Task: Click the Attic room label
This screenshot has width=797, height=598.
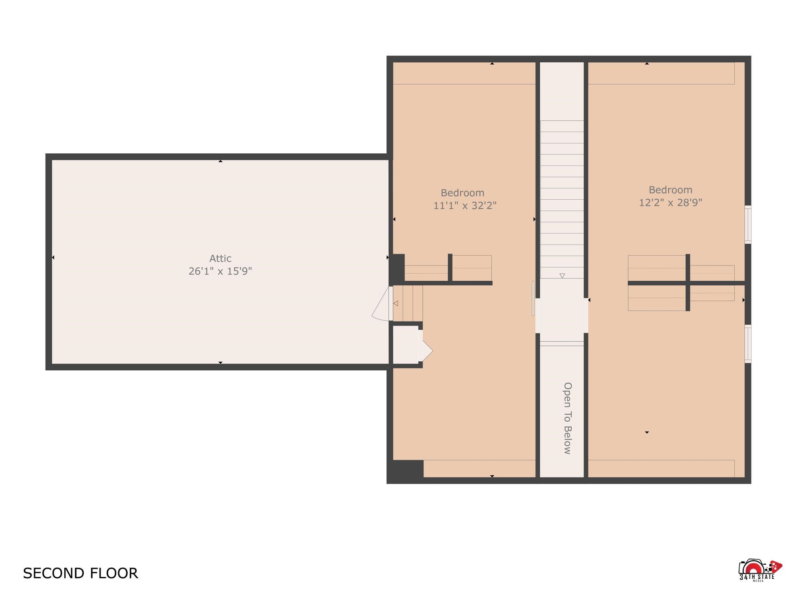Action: point(220,259)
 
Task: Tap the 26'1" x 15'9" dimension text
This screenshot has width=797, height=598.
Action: point(220,271)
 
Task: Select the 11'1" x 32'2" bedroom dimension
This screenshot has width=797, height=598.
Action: point(465,205)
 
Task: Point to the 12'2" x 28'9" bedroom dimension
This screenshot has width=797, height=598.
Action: point(671,202)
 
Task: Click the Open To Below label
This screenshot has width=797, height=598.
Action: point(568,418)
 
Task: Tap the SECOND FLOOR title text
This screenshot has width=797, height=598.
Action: point(81,573)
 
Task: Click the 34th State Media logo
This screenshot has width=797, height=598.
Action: point(760,570)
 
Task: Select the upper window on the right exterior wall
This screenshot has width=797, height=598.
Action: point(748,225)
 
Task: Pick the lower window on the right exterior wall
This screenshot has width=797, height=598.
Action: point(748,344)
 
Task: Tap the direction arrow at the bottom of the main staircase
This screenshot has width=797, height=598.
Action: point(562,276)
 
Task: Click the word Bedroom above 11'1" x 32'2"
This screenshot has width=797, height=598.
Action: point(462,193)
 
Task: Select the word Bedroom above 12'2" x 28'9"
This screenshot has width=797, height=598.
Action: point(671,190)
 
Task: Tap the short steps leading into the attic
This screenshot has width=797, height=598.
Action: point(407,304)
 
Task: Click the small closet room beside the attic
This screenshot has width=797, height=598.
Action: point(405,345)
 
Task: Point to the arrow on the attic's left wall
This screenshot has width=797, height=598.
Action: point(53,257)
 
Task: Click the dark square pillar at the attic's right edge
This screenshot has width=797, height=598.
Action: point(397,269)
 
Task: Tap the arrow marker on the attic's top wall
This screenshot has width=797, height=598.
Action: point(220,161)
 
